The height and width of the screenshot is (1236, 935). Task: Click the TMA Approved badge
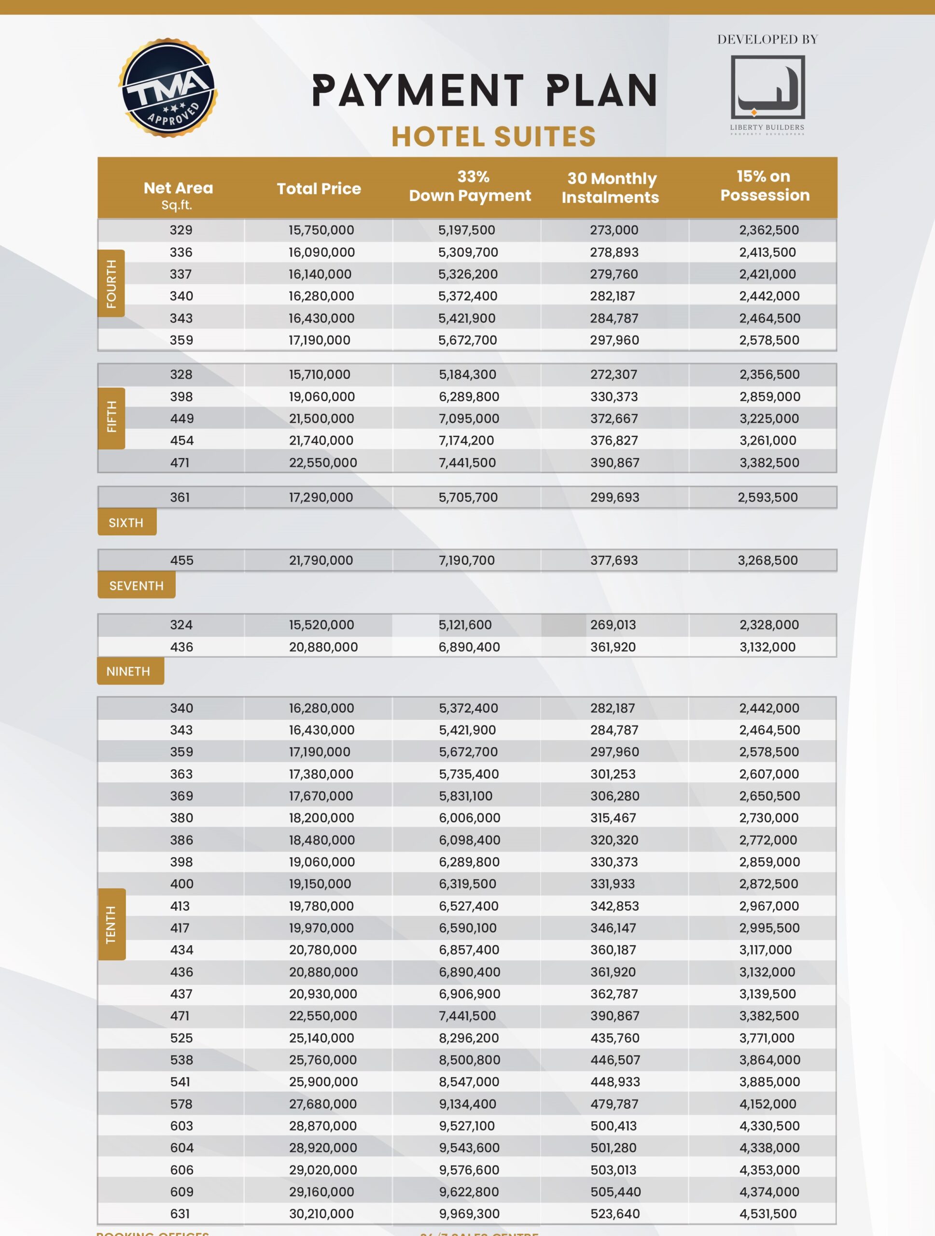tap(167, 88)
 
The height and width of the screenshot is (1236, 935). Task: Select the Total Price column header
tap(319, 189)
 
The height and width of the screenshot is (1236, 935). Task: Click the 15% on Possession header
tap(765, 185)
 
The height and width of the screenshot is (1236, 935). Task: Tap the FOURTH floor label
tap(111, 283)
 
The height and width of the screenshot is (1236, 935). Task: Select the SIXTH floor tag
tap(126, 522)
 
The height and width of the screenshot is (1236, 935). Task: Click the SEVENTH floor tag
tap(136, 586)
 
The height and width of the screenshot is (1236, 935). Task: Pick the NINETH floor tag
tap(128, 671)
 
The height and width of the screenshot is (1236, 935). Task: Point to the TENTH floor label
tap(111, 924)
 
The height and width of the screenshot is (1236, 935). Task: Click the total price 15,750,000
tap(321, 230)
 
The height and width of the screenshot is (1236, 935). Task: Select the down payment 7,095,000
tap(469, 419)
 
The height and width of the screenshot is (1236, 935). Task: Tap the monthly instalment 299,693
tap(614, 497)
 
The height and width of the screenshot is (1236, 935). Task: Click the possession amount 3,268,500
tap(768, 561)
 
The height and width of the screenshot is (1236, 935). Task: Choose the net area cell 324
tap(181, 625)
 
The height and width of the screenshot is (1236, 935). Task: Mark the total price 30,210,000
tap(321, 1214)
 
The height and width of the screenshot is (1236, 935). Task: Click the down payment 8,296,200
tap(468, 1038)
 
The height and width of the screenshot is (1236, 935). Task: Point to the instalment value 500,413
tap(614, 1126)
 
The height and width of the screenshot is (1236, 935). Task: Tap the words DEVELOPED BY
tap(768, 40)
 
